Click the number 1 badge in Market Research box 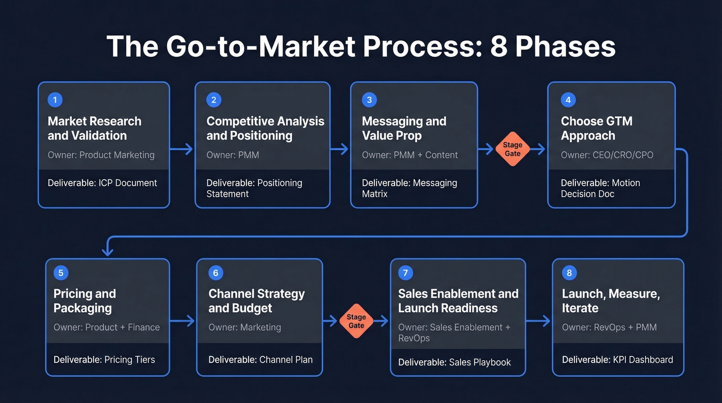(55, 100)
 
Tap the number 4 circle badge (568, 100)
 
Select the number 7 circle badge (406, 273)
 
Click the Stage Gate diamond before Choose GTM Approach (513, 150)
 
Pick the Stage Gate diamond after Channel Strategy (356, 321)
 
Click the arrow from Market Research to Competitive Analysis (182, 150)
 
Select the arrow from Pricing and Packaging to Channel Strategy (183, 321)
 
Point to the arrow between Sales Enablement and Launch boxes (538, 321)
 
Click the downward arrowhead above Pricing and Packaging (107, 251)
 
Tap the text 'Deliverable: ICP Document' (102, 183)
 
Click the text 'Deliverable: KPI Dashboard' (617, 360)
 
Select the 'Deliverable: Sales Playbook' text (454, 362)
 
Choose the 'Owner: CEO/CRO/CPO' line (607, 155)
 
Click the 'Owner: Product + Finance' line (107, 327)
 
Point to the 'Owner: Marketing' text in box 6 (244, 327)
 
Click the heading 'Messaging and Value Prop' (404, 128)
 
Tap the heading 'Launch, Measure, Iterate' (611, 301)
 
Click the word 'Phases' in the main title (565, 46)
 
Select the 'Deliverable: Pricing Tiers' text (104, 360)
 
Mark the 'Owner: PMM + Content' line (410, 155)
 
